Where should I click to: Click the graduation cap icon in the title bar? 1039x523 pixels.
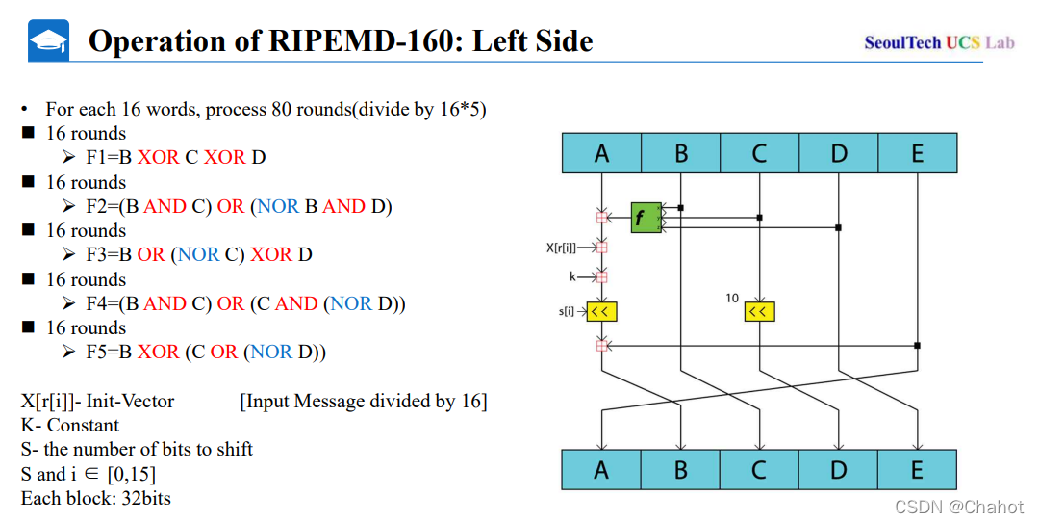tap(48, 40)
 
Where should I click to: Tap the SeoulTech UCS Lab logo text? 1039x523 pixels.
tap(939, 42)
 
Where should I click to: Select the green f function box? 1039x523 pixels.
tap(646, 218)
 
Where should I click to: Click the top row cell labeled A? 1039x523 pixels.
tap(602, 153)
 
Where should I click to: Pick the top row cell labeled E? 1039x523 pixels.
tap(917, 153)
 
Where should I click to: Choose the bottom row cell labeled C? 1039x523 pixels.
tap(759, 470)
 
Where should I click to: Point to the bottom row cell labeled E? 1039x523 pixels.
tap(917, 470)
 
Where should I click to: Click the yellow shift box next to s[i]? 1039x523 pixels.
tap(601, 311)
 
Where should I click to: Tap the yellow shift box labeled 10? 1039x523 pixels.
tap(759, 311)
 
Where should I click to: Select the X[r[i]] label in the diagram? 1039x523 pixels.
tap(562, 248)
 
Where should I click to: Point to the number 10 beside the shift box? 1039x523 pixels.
tap(732, 299)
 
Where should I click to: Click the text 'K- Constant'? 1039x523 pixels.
tap(70, 425)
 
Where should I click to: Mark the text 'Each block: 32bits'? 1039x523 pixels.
tap(96, 498)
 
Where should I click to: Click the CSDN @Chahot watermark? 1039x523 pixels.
tap(958, 507)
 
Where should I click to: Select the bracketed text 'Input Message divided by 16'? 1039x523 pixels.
tap(364, 401)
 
